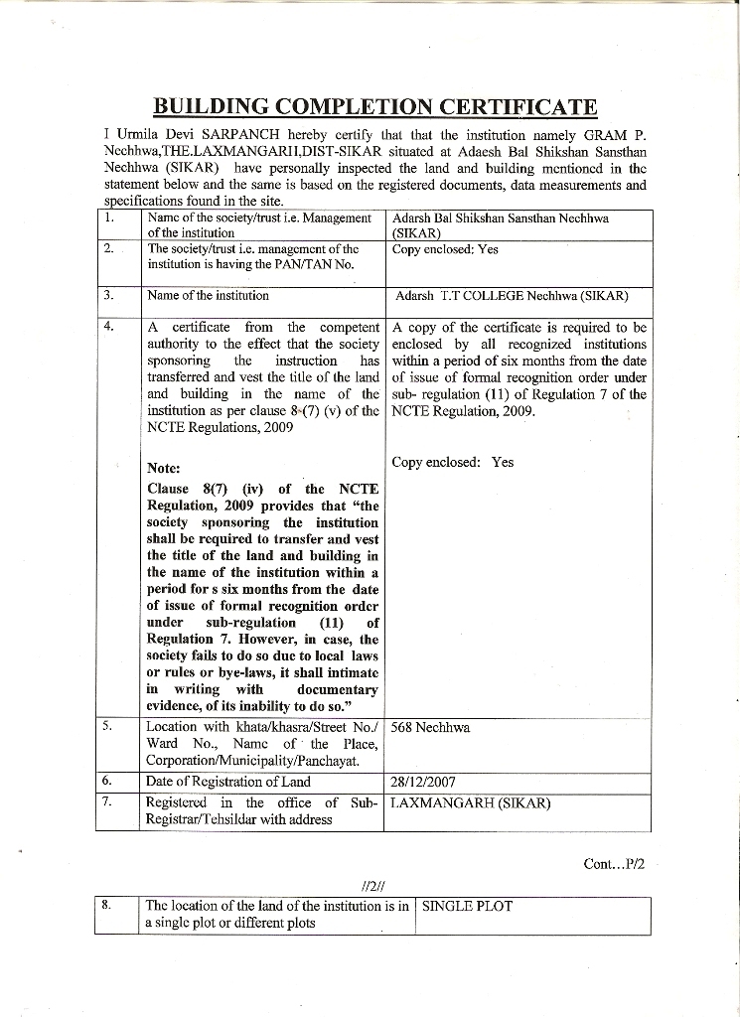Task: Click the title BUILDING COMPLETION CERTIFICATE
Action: pyautogui.click(x=375, y=106)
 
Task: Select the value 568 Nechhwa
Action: pyautogui.click(x=430, y=727)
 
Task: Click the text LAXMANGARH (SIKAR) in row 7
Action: pyautogui.click(x=471, y=802)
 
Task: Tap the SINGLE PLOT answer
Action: pyautogui.click(x=468, y=906)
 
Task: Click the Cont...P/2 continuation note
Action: pyautogui.click(x=615, y=864)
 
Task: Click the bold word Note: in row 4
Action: pyautogui.click(x=163, y=468)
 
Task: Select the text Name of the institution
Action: pyautogui.click(x=208, y=295)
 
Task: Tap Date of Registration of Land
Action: pyautogui.click(x=227, y=782)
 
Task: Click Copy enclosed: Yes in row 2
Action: pyautogui.click(x=444, y=249)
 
